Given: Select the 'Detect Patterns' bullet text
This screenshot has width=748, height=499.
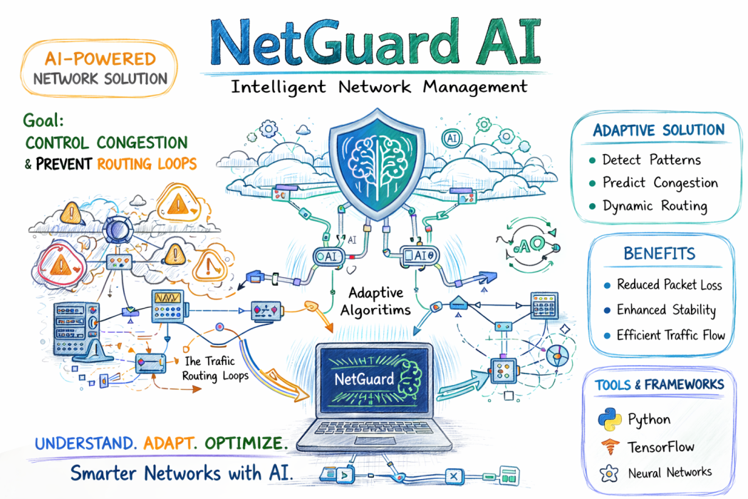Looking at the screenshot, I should click(x=651, y=160).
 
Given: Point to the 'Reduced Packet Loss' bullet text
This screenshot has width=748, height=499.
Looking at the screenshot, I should click(x=669, y=285).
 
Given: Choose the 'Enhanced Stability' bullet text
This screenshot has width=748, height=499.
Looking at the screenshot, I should click(x=666, y=310).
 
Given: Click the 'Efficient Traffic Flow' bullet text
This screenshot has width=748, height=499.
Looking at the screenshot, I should click(x=670, y=335).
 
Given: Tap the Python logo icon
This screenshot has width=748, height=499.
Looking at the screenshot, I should click(x=610, y=418).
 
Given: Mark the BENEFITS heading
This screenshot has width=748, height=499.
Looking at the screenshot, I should click(x=659, y=254).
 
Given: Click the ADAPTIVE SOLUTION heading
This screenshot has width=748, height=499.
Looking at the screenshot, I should click(x=658, y=130).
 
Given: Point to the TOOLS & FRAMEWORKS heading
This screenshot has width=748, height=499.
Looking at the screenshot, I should click(x=660, y=385).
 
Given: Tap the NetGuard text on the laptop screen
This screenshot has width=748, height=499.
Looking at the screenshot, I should click(x=364, y=379).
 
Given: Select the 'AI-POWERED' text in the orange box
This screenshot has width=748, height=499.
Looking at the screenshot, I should click(x=100, y=59).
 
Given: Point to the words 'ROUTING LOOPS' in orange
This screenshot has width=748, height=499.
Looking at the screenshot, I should click(x=146, y=163).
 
